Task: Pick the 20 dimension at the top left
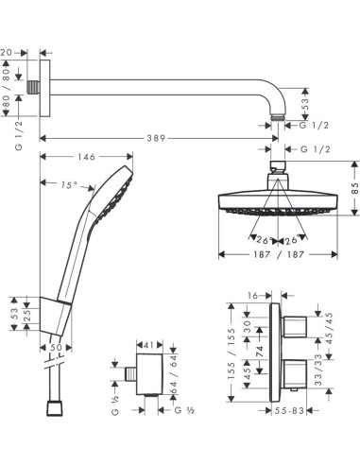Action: pyautogui.click(x=9, y=53)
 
